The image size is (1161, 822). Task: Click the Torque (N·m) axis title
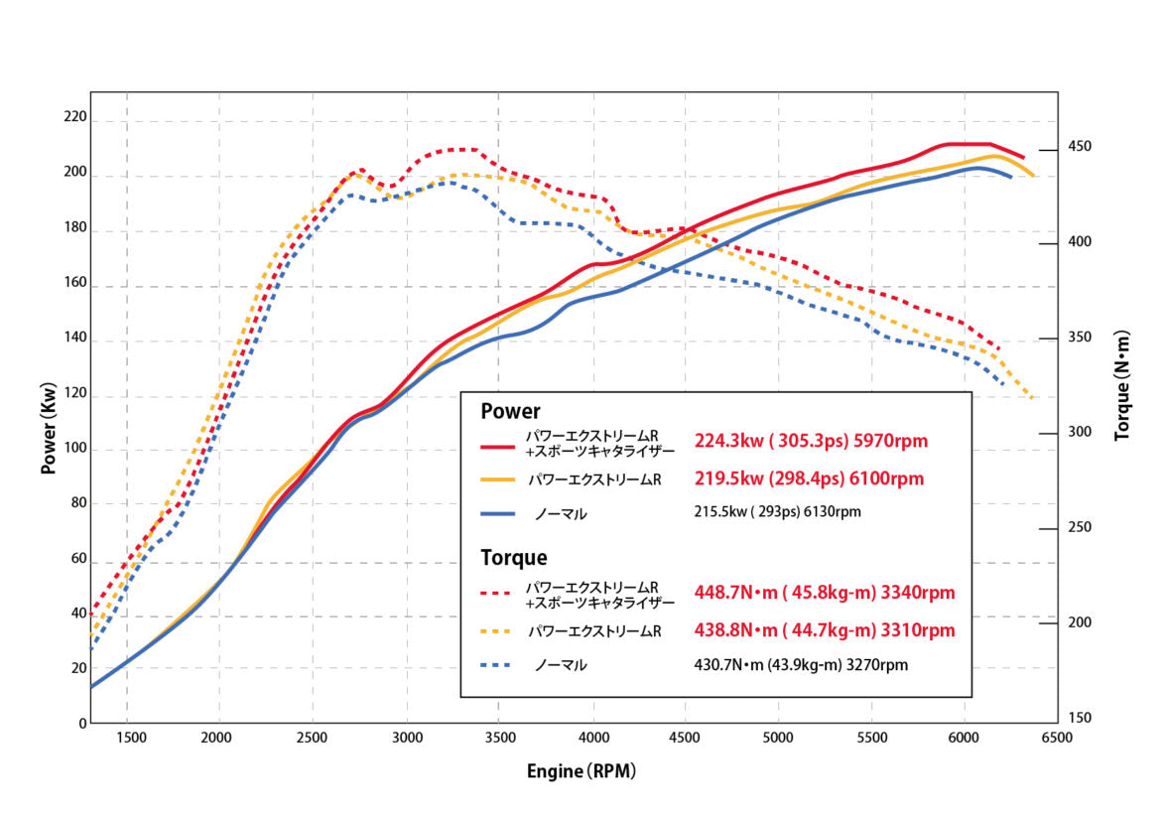click(1122, 385)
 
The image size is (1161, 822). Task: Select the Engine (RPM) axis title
click(581, 770)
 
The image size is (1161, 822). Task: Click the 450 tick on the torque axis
click(1079, 147)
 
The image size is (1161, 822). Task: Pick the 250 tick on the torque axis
click(1079, 527)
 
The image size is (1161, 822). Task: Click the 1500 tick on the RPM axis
click(131, 738)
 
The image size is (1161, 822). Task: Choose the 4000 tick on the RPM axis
click(593, 738)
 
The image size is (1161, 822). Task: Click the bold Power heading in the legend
click(510, 411)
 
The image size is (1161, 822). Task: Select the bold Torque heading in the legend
click(514, 558)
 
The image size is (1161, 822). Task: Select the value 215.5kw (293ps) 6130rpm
click(778, 512)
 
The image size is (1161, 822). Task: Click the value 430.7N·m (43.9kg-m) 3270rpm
click(801, 665)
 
